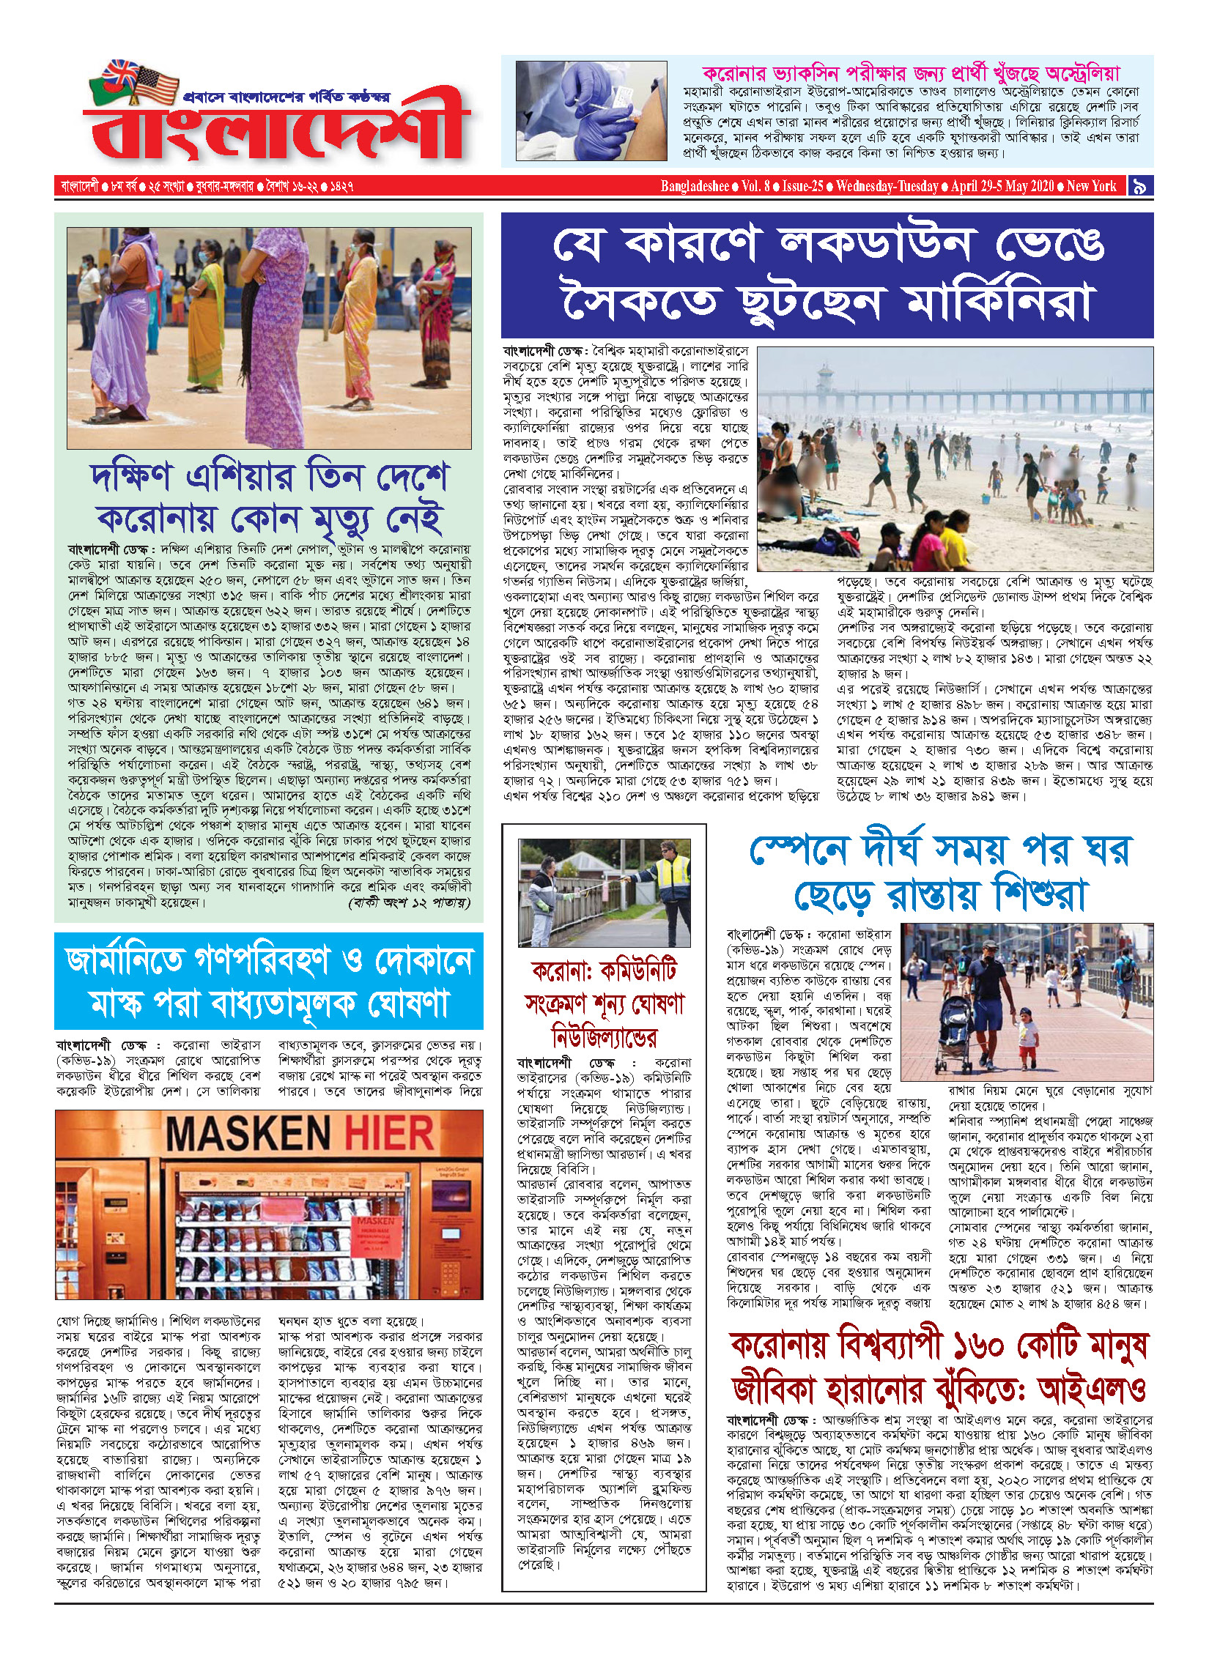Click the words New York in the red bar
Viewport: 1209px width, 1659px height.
coord(1091,186)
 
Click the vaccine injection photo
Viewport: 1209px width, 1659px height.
coord(591,111)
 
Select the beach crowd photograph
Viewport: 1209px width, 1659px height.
coord(954,459)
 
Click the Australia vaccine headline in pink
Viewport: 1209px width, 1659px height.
coord(910,73)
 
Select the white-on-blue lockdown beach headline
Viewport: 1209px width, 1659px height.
coord(827,275)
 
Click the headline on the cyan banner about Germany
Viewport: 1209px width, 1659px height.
coord(269,981)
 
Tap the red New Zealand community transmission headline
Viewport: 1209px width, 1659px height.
coord(604,1004)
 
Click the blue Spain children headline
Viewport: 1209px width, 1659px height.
coord(939,872)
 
